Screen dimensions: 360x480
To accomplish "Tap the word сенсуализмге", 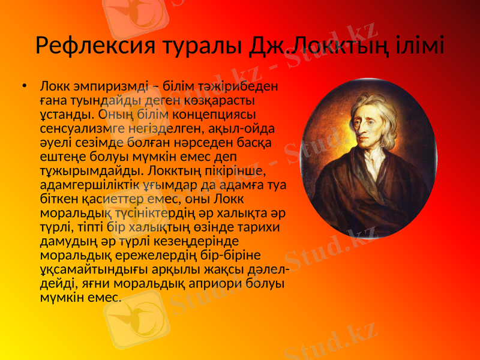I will [x=82, y=128].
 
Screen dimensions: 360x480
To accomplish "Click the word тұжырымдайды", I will [x=82, y=170].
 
